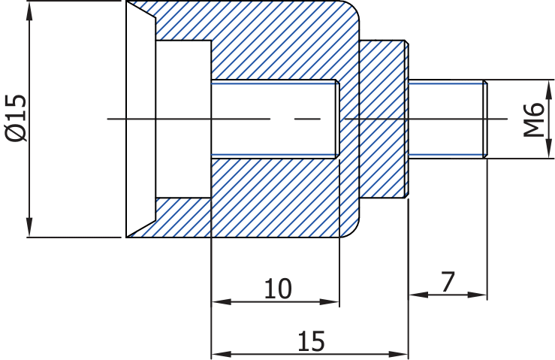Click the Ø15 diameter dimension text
point(16,118)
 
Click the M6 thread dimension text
point(534,119)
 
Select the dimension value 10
point(278,288)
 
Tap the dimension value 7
point(448,282)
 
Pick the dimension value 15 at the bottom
point(311,340)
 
